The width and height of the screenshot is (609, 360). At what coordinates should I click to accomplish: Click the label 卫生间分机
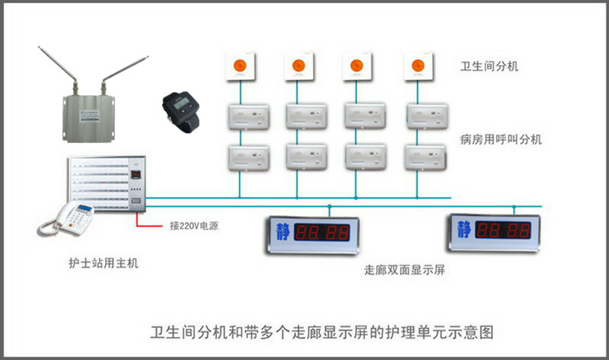[x=489, y=66]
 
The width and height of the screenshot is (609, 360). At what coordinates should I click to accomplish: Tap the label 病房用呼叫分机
[x=499, y=140]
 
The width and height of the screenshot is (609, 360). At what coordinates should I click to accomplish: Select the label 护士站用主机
[x=103, y=263]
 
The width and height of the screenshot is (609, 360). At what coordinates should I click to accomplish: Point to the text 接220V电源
[x=193, y=226]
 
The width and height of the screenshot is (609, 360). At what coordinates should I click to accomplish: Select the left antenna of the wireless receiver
[x=59, y=69]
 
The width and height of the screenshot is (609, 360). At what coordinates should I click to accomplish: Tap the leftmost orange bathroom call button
[x=241, y=65]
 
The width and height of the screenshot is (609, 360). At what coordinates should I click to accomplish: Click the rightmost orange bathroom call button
[x=416, y=65]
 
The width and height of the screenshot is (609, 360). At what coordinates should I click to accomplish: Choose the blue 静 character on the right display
[x=463, y=227]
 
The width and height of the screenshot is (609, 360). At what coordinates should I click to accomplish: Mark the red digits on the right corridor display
[x=505, y=228]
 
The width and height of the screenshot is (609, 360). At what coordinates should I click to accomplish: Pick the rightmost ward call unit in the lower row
[x=423, y=156]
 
